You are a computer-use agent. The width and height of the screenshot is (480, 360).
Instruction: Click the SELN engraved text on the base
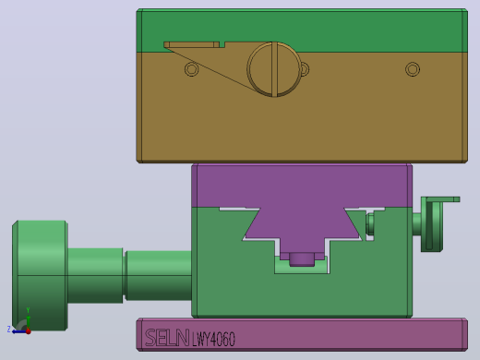[167, 338]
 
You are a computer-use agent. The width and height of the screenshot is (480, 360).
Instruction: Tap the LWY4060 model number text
[213, 339]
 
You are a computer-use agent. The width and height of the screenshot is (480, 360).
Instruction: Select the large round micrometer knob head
[40, 276]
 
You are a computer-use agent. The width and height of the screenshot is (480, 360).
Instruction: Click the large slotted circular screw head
[274, 69]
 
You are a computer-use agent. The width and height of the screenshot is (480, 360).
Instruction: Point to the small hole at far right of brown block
[413, 69]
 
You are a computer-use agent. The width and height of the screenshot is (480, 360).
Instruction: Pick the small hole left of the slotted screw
[191, 69]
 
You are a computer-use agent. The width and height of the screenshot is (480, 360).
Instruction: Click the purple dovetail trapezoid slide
[302, 222]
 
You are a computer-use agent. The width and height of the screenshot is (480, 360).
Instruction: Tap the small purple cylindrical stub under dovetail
[302, 258]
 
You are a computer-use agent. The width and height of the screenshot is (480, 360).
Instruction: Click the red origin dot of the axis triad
[29, 331]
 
